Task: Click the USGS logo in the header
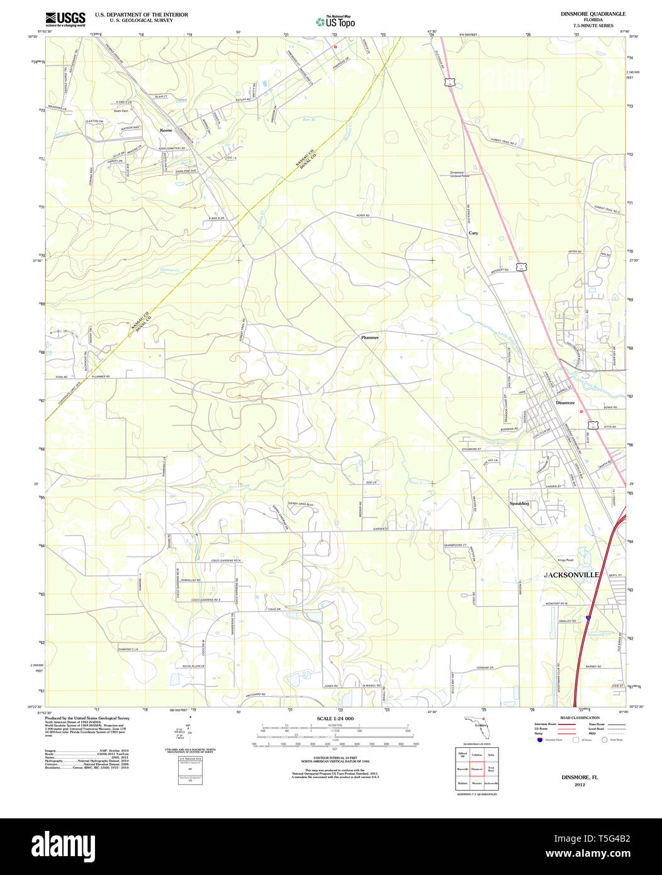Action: click(65, 19)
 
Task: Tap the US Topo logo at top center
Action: click(336, 22)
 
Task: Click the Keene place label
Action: click(166, 130)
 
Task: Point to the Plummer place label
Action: click(370, 337)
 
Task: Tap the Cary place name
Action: click(473, 233)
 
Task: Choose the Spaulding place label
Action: click(519, 504)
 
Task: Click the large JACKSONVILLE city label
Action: click(571, 575)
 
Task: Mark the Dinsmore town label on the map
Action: click(565, 403)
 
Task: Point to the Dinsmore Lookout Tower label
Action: click(460, 174)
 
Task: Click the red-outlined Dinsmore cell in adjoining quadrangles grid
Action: click(477, 769)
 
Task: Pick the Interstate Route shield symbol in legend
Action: click(539, 740)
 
